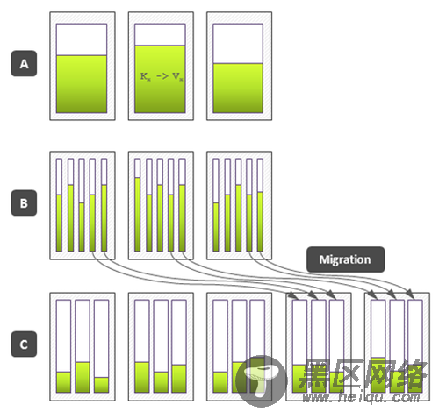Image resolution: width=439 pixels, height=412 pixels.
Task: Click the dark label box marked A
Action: tap(24, 63)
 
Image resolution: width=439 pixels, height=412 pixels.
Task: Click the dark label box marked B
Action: tap(24, 203)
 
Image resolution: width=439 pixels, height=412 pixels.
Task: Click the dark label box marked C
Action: tap(24, 345)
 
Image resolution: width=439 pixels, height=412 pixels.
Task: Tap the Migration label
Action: tap(346, 259)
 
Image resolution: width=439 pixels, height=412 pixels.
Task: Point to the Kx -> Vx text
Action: tap(162, 76)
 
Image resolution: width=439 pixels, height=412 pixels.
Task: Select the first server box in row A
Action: tap(83, 66)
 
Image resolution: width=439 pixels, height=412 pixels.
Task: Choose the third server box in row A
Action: tap(240, 66)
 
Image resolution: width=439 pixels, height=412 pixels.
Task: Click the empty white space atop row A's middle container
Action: tap(160, 35)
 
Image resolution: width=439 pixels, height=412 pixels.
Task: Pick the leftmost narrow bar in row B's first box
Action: tap(59, 205)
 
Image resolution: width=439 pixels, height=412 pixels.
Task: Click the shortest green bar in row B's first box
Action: tap(82, 227)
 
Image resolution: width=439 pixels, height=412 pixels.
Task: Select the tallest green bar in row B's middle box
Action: tap(137, 214)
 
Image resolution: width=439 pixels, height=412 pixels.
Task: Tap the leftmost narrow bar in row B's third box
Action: tap(216, 205)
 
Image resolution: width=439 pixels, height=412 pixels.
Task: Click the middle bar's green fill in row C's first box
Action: tap(83, 377)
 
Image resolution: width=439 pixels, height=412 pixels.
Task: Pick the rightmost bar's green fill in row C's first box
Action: tap(102, 385)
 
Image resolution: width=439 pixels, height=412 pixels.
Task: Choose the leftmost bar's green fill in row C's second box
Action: tap(142, 377)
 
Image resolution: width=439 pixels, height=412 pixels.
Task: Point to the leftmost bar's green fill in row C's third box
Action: tap(220, 382)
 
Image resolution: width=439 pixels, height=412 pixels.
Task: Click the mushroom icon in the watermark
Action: tap(261, 380)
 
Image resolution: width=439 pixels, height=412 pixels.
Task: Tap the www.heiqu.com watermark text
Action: tap(362, 397)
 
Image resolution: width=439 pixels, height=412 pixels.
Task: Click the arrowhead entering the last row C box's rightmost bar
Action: tap(411, 294)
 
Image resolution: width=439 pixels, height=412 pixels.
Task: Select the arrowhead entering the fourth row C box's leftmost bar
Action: tap(294, 295)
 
